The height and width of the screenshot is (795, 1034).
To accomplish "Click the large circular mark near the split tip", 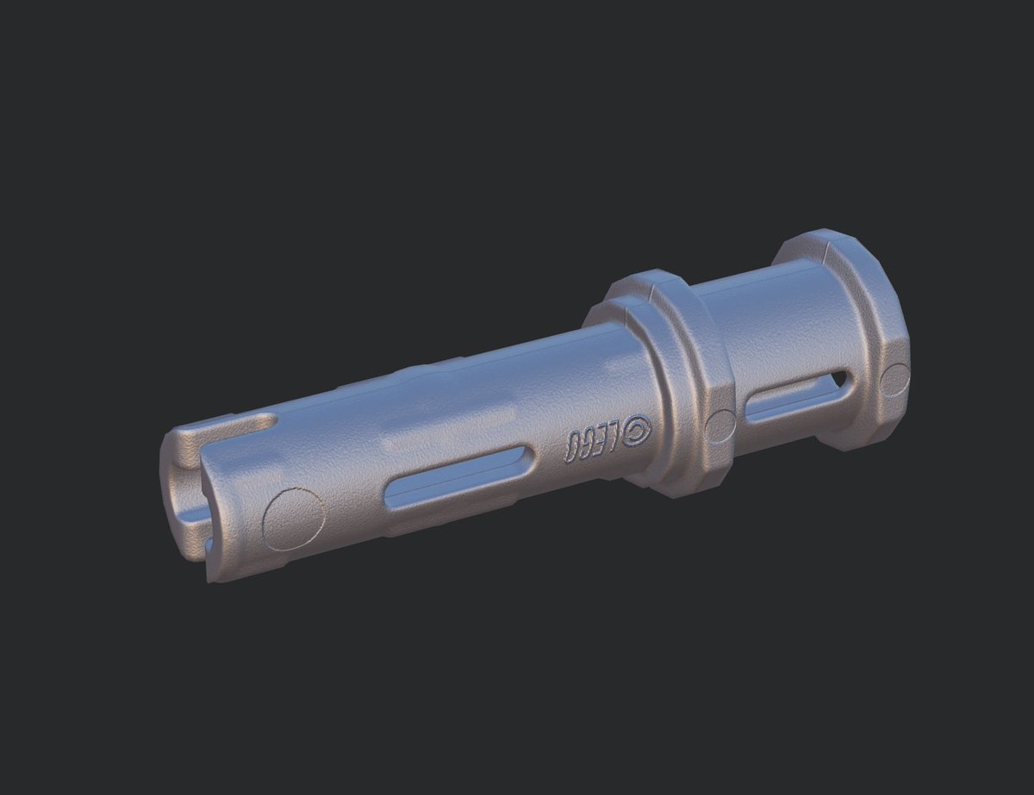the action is point(294,519).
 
